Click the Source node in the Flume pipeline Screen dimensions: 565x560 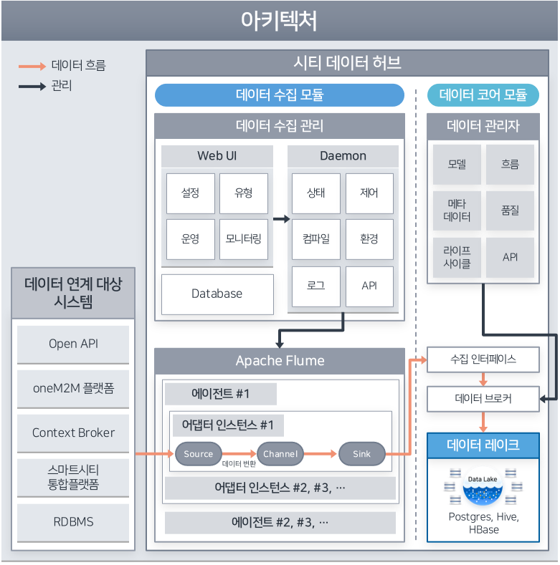click(x=199, y=453)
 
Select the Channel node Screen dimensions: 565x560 click(x=280, y=453)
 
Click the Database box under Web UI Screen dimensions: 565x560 click(x=217, y=294)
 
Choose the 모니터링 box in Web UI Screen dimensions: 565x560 click(x=243, y=238)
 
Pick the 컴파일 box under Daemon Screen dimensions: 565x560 click(x=316, y=238)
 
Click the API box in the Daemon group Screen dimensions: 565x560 click(x=369, y=285)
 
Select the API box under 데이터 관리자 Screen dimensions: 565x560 click(x=510, y=257)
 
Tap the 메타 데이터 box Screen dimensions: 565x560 click(x=457, y=211)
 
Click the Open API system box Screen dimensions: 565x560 click(x=73, y=344)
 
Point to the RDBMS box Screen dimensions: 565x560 click(x=73, y=521)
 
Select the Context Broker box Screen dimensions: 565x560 click(x=73, y=433)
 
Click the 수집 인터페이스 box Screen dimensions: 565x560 click(x=483, y=359)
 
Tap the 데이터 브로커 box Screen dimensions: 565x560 click(x=483, y=398)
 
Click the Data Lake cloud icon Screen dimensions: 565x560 click(x=483, y=488)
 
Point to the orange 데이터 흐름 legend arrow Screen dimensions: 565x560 click(x=32, y=67)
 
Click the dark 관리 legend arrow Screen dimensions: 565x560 click(x=32, y=87)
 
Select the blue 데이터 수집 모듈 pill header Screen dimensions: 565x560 click(x=280, y=95)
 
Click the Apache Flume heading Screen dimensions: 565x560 click(x=280, y=360)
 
